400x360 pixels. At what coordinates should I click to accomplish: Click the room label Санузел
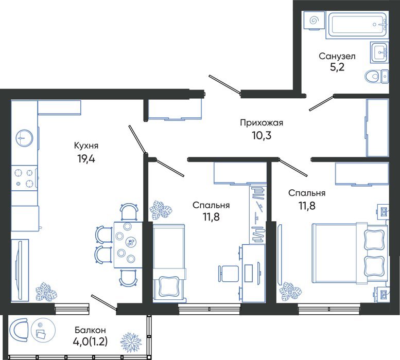(337, 56)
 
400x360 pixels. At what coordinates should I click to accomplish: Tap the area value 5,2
(337, 67)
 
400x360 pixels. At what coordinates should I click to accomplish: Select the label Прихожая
(262, 123)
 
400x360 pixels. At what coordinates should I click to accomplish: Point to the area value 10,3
(262, 135)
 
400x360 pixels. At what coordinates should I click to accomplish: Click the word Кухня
(86, 146)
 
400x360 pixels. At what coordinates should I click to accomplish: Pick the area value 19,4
(86, 159)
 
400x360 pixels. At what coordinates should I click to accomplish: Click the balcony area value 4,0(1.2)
(90, 341)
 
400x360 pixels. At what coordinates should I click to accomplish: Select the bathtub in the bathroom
(357, 25)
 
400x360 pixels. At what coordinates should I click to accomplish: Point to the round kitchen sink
(24, 138)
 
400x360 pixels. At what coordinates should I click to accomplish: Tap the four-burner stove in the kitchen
(24, 178)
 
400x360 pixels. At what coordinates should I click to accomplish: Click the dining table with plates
(128, 245)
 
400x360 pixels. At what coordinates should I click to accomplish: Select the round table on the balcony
(43, 331)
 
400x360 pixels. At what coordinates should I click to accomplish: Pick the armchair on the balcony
(19, 330)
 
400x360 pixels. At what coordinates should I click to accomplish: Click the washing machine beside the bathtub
(314, 21)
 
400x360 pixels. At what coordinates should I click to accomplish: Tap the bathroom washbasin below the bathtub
(379, 52)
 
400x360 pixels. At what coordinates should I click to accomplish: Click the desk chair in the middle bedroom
(228, 274)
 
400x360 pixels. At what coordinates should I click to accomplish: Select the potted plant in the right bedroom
(290, 291)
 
